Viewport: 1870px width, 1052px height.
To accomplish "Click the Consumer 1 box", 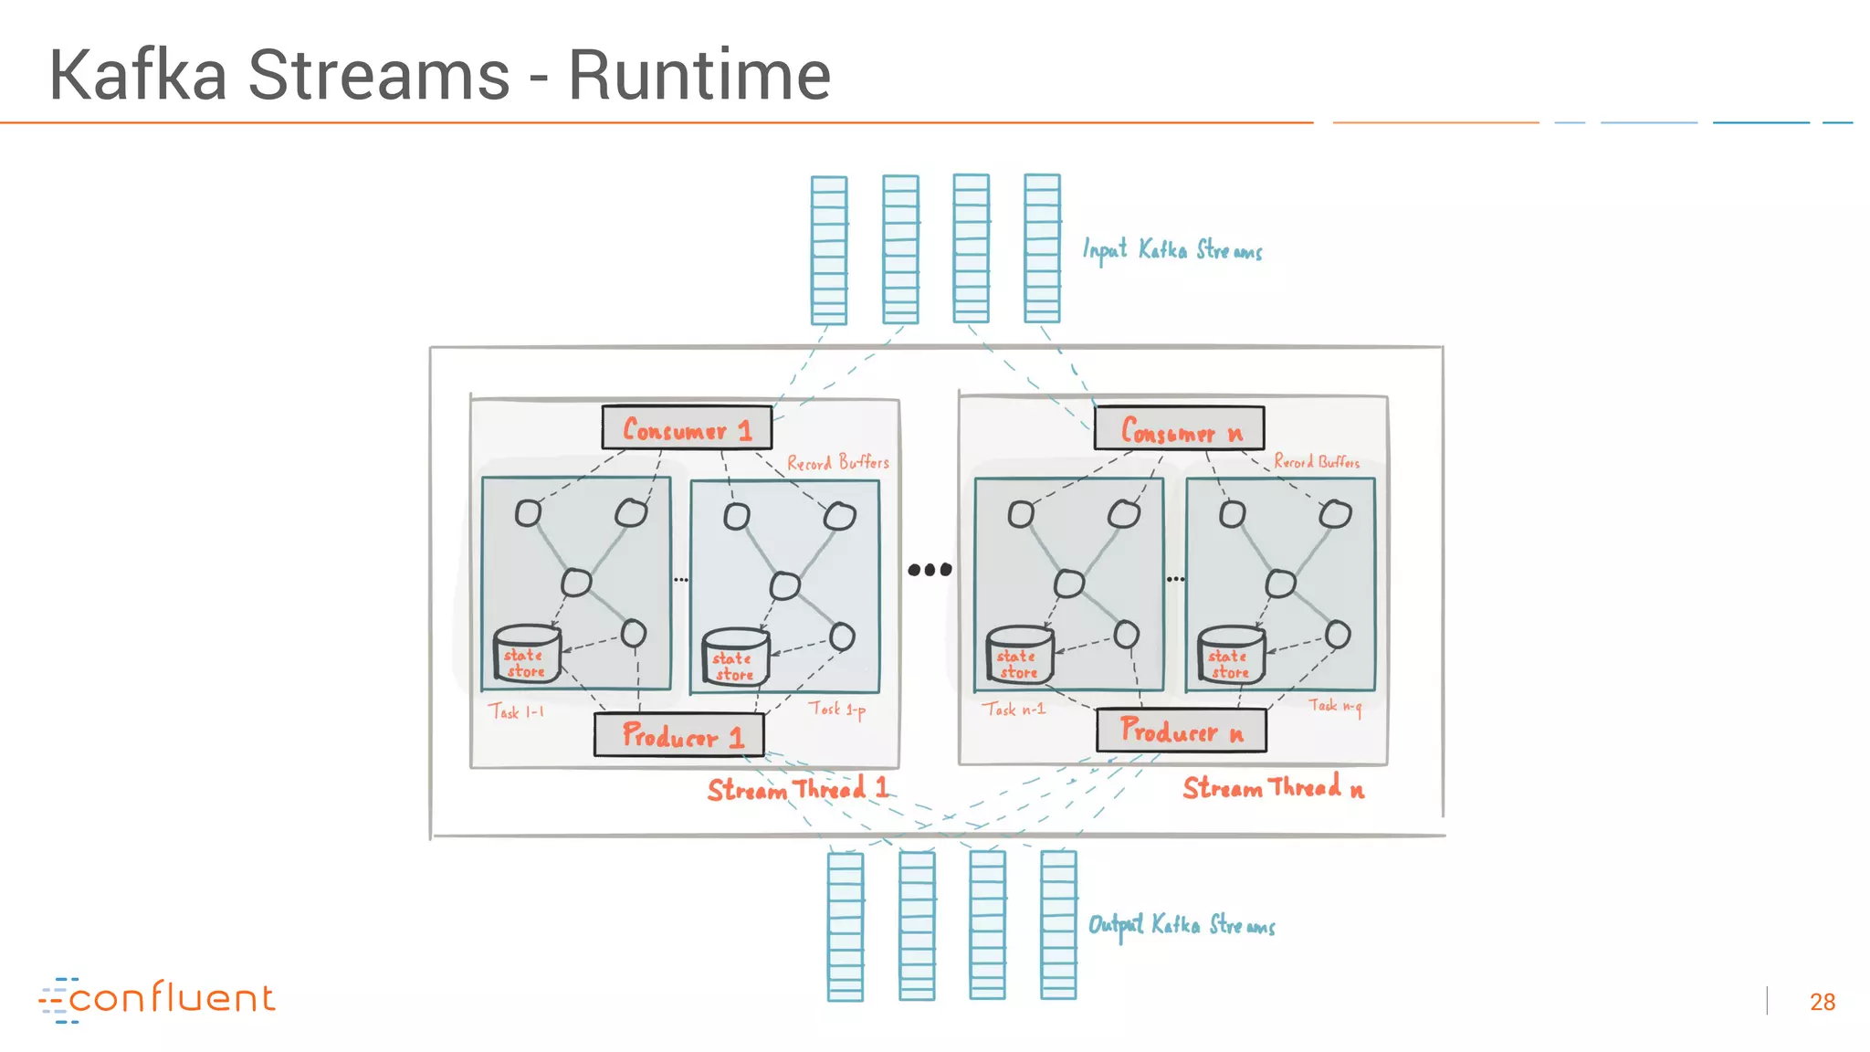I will click(x=687, y=427).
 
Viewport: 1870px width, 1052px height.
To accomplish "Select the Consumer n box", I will click(x=1180, y=428).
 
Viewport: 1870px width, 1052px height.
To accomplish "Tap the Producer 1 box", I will click(x=679, y=734).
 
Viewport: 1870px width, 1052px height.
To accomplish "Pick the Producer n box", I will click(x=1182, y=731).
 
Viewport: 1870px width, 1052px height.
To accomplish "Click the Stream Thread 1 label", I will click(x=797, y=788).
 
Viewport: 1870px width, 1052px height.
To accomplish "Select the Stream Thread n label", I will click(x=1273, y=787).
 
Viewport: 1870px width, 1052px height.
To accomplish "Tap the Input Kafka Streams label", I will click(x=1172, y=249).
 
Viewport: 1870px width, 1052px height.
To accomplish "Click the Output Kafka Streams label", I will click(x=1182, y=925).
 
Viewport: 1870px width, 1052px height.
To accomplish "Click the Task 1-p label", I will click(x=836, y=709).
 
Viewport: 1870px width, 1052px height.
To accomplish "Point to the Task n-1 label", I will click(x=1014, y=709).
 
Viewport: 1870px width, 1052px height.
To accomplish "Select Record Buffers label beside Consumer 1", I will click(x=837, y=463).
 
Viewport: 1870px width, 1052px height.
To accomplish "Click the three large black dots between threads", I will click(x=930, y=570).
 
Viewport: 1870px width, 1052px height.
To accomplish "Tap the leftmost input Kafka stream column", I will click(x=829, y=250).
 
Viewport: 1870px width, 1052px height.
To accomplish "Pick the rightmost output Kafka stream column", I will click(x=1058, y=925).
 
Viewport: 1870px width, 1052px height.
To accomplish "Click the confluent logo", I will click(x=157, y=998).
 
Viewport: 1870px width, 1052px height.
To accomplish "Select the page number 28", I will click(x=1822, y=1002).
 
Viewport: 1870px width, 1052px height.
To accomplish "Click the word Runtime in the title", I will click(x=699, y=75).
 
